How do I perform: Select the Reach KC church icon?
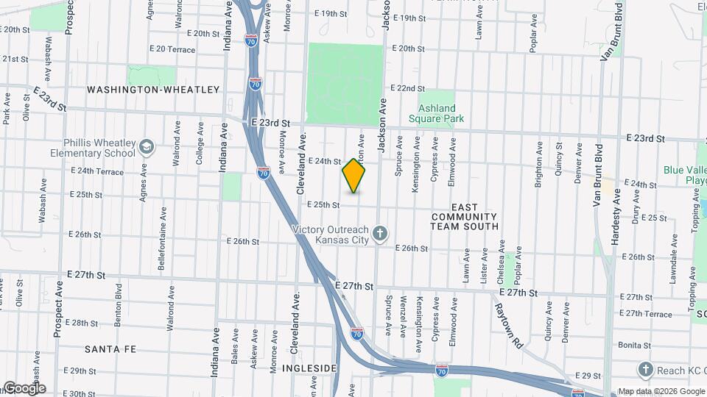coord(646,368)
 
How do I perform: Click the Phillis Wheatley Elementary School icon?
coord(146,147)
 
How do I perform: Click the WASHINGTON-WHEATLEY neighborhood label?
coord(153,90)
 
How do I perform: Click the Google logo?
coord(24,388)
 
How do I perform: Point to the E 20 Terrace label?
coord(172,49)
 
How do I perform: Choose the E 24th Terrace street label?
coord(97,171)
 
